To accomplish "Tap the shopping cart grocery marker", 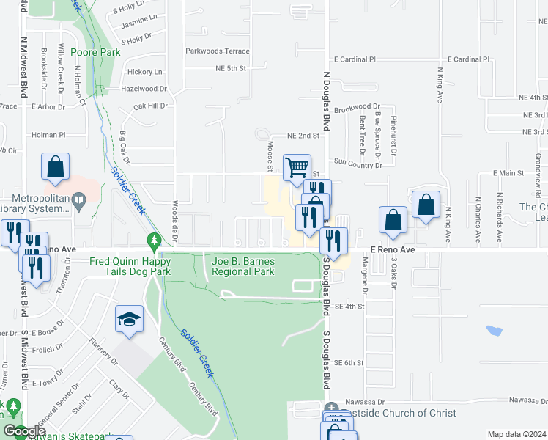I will [297, 167].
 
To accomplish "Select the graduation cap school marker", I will [129, 320].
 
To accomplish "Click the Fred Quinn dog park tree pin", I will [153, 240].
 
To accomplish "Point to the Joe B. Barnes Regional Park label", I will [242, 266].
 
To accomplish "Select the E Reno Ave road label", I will [392, 250].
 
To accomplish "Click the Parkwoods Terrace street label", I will [218, 51].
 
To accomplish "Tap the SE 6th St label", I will [349, 363].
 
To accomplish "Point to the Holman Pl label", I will [48, 135].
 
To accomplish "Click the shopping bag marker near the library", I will [56, 166].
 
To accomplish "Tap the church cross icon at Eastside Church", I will [331, 408].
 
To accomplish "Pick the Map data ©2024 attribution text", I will [516, 434].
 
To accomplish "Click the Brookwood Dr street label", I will [357, 108].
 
